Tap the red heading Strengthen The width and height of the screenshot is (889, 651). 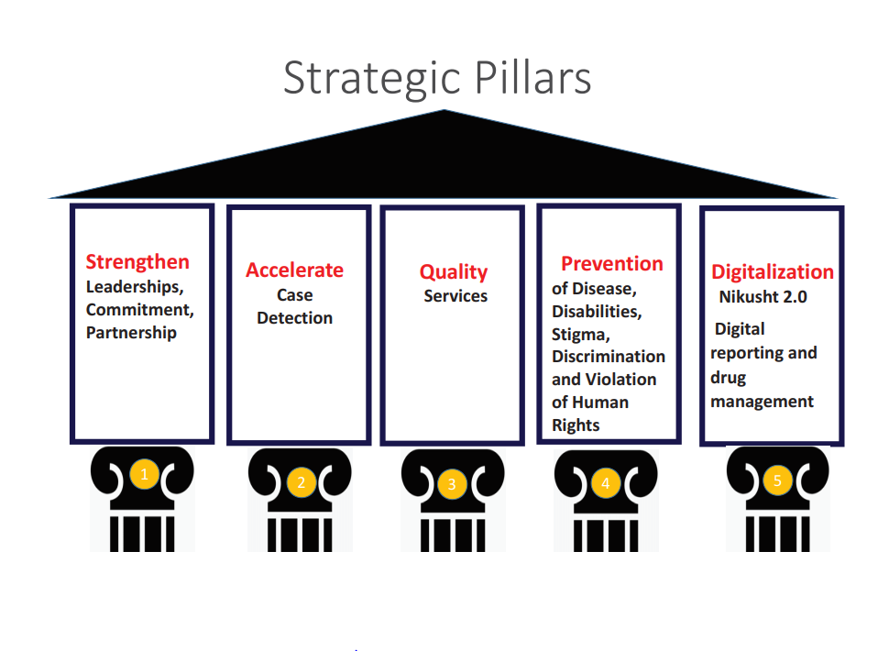click(x=137, y=262)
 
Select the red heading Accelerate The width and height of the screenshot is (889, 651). click(x=294, y=270)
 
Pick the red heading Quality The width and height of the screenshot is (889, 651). click(x=454, y=272)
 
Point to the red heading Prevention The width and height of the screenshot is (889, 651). click(x=611, y=264)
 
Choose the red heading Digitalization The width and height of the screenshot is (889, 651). click(x=773, y=272)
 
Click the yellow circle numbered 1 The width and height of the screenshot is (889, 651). click(x=143, y=474)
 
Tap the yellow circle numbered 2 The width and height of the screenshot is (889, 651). click(x=301, y=482)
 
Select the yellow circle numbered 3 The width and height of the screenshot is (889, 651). click(x=451, y=484)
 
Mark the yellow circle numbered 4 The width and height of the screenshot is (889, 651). click(x=605, y=483)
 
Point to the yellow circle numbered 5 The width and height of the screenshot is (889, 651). click(x=777, y=480)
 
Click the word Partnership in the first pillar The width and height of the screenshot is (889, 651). click(x=131, y=333)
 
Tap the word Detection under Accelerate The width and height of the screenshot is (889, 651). click(x=294, y=318)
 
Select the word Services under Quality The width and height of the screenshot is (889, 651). click(x=455, y=296)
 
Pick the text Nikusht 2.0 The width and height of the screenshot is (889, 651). click(x=763, y=296)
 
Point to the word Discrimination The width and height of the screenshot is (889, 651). click(x=609, y=357)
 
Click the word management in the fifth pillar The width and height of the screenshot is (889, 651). click(x=762, y=402)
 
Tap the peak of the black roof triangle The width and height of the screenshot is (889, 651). click(x=444, y=112)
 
